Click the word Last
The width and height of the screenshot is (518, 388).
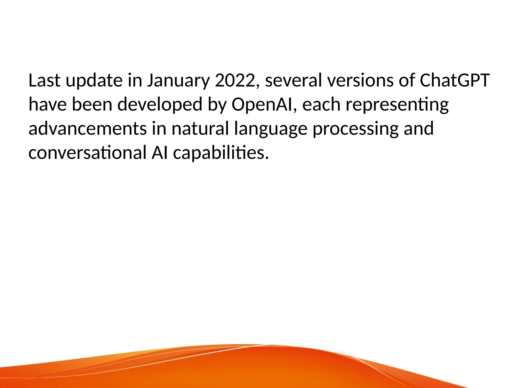click(x=44, y=81)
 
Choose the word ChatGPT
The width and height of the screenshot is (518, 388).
click(x=455, y=81)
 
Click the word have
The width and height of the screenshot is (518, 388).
click(x=48, y=105)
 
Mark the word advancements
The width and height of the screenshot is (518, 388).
click(x=88, y=129)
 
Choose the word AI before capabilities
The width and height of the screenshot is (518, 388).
click(x=159, y=153)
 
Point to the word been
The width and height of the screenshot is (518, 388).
click(x=92, y=105)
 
